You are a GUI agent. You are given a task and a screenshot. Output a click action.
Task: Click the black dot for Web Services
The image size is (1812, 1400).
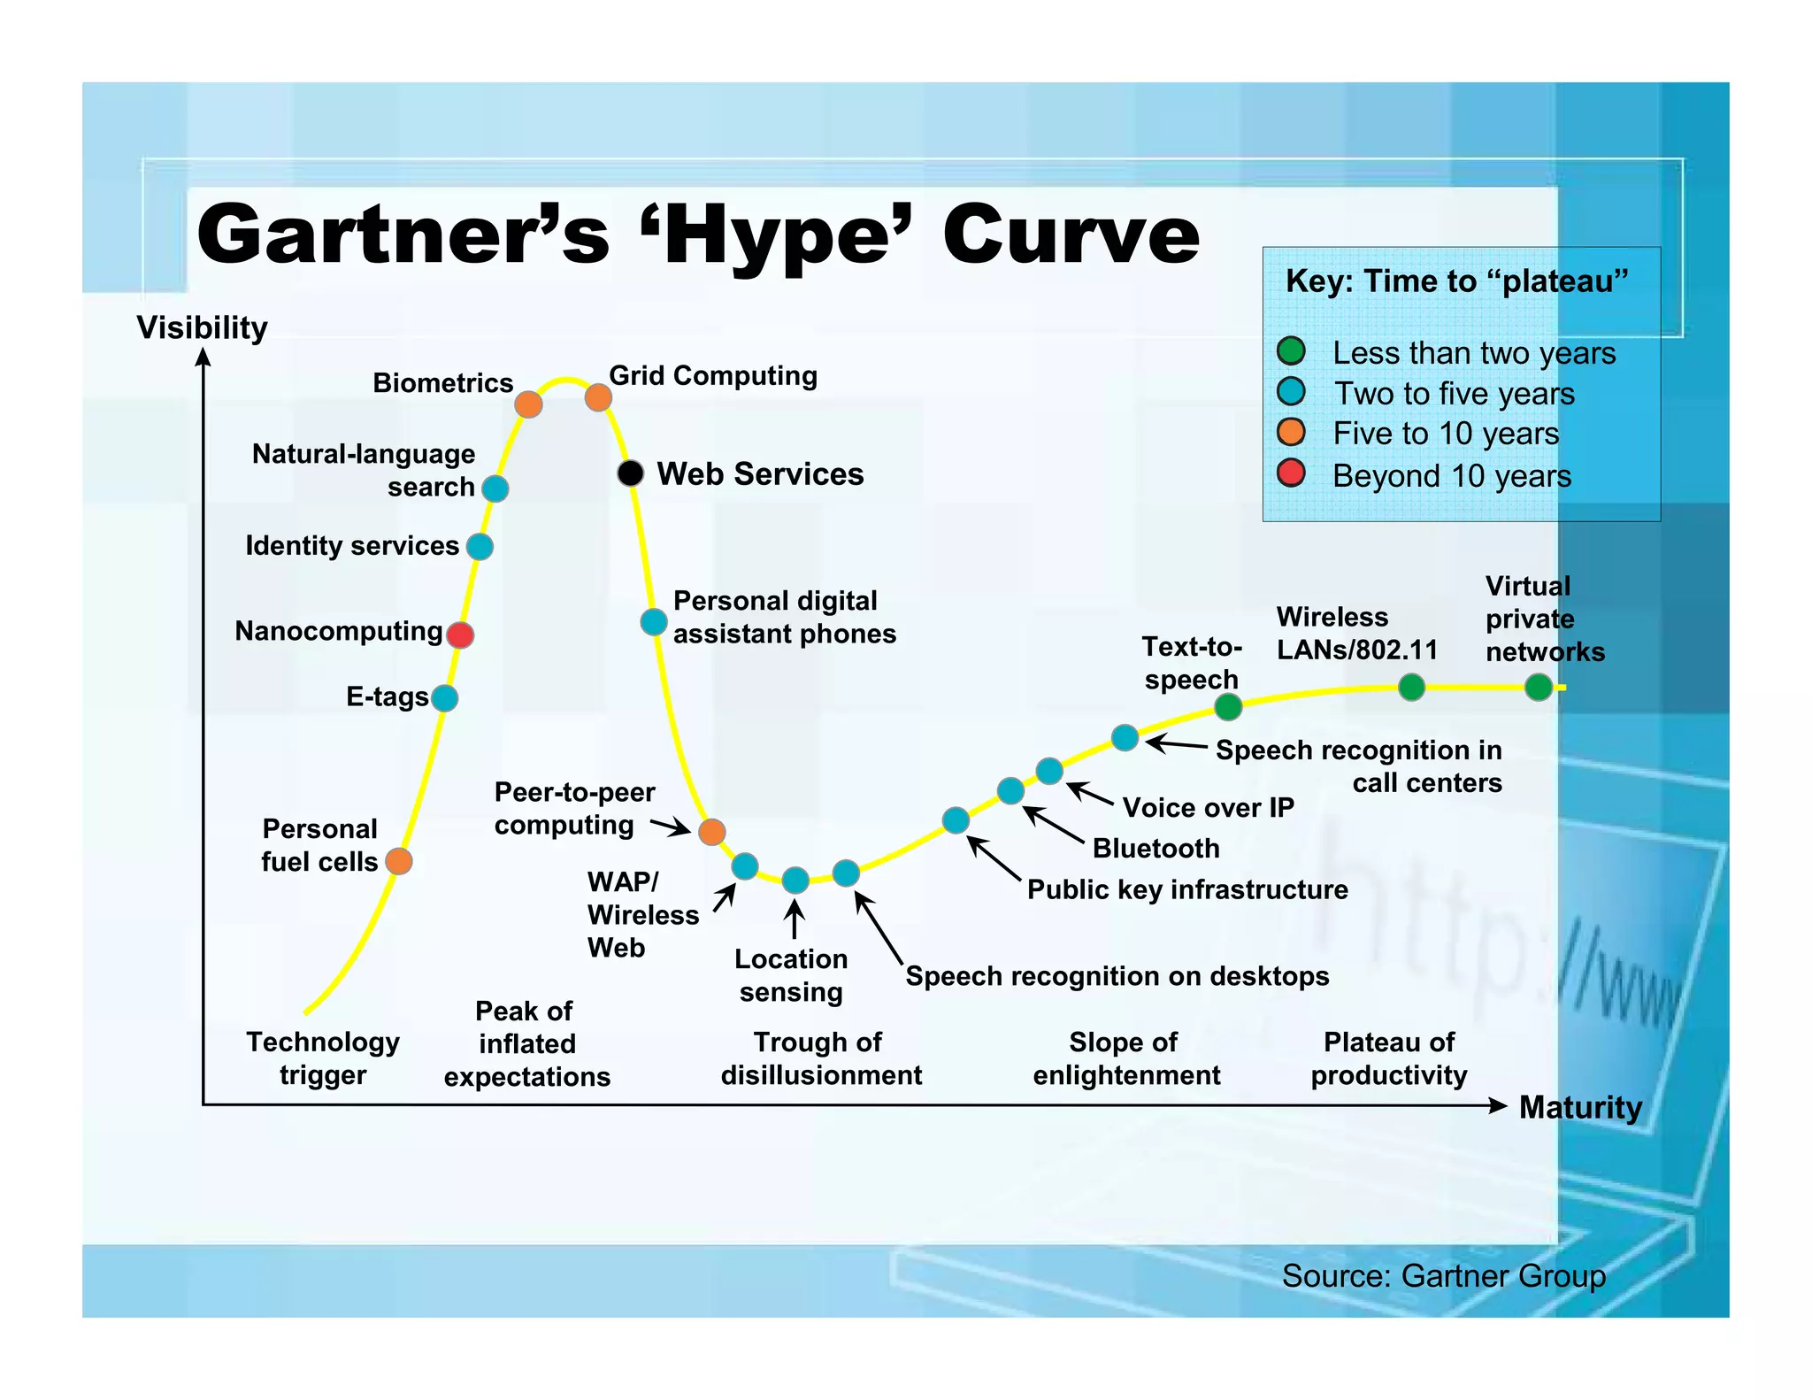pyautogui.click(x=630, y=473)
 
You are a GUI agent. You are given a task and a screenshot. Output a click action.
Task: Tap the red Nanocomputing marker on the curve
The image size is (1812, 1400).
pyautogui.click(x=460, y=635)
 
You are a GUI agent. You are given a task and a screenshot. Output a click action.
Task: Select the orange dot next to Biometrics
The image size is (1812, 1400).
pyautogui.click(x=528, y=404)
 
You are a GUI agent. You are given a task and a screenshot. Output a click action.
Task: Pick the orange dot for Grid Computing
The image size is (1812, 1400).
pyautogui.click(x=598, y=397)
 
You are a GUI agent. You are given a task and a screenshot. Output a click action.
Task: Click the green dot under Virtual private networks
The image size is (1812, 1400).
pyautogui.click(x=1539, y=687)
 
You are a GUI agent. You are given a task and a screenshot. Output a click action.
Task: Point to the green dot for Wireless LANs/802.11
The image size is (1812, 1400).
pyautogui.click(x=1411, y=687)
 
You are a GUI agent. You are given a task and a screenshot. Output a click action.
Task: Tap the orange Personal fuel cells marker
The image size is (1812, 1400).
pyautogui.click(x=399, y=860)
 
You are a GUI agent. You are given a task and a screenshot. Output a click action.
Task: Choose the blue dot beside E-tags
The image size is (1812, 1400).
pyautogui.click(x=444, y=698)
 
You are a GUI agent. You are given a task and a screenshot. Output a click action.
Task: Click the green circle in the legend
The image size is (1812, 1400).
pyautogui.click(x=1291, y=351)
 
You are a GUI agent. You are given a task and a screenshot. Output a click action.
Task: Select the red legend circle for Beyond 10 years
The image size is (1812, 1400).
pyautogui.click(x=1291, y=473)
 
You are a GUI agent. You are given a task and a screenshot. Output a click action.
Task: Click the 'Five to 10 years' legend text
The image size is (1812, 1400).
pyautogui.click(x=1446, y=434)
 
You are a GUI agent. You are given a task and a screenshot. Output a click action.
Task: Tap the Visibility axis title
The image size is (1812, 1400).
pyautogui.click(x=202, y=327)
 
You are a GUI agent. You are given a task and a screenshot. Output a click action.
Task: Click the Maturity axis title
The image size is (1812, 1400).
pyautogui.click(x=1580, y=1107)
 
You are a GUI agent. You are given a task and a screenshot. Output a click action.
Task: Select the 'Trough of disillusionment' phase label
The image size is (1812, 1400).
pyautogui.click(x=821, y=1058)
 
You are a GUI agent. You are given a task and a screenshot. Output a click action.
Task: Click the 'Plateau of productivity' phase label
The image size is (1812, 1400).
pyautogui.click(x=1388, y=1058)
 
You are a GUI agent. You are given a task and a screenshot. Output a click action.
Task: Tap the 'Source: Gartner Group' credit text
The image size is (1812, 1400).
pyautogui.click(x=1443, y=1276)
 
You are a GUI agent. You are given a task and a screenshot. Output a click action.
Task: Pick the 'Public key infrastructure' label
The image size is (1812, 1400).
pyautogui.click(x=1187, y=889)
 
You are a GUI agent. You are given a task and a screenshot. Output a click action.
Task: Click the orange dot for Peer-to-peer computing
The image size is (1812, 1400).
pyautogui.click(x=712, y=832)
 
